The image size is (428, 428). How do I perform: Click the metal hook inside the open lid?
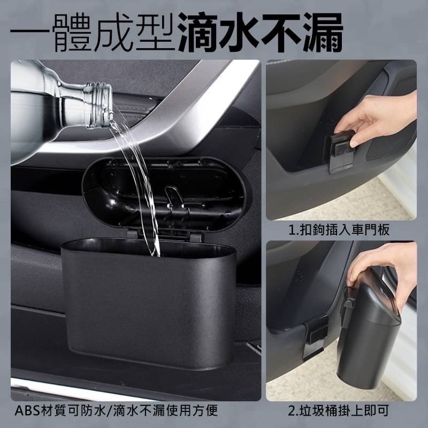pyautogui.click(x=171, y=196)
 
